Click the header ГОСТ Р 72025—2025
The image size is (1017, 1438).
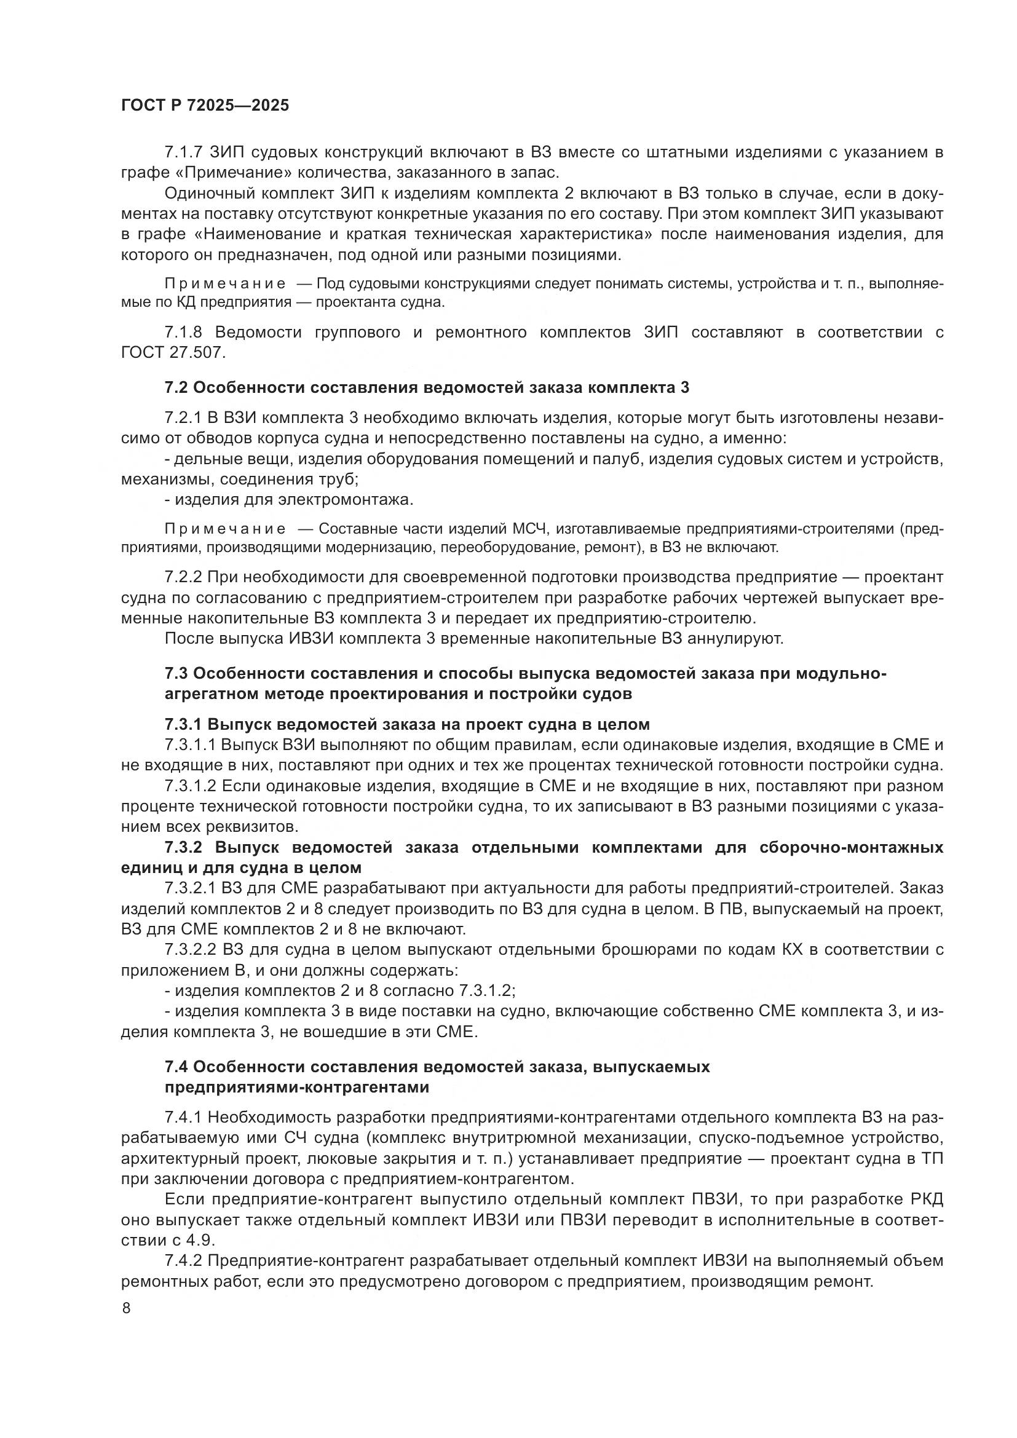205,105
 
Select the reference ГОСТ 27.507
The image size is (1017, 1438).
172,353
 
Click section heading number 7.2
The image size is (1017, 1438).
176,388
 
